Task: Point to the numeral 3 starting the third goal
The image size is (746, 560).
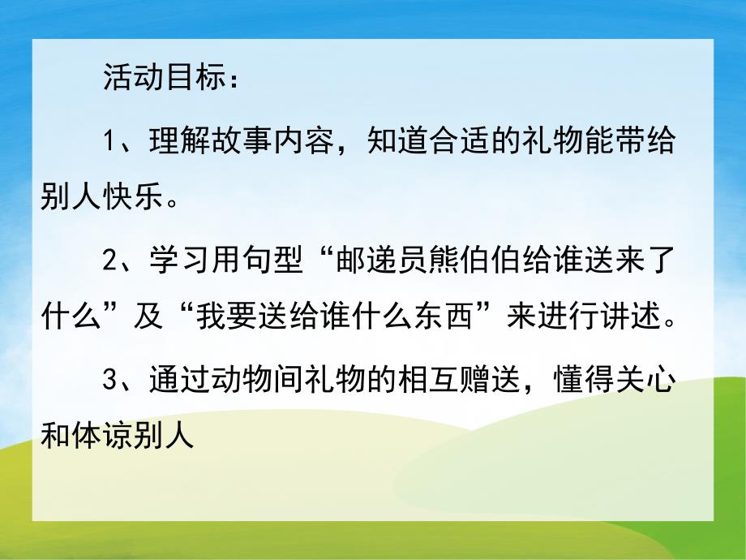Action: [112, 381]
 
